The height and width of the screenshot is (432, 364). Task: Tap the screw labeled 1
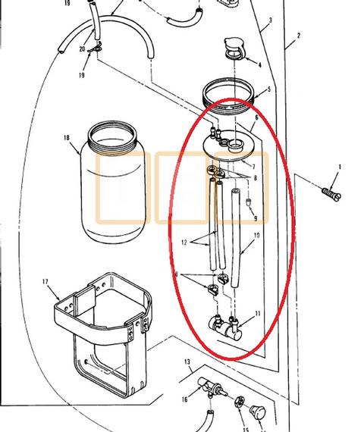pyautogui.click(x=331, y=193)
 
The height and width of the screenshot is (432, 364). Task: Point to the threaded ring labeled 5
pyautogui.click(x=228, y=95)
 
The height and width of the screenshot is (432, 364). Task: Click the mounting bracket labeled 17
pyautogui.click(x=102, y=330)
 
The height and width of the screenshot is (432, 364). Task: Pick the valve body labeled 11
pyautogui.click(x=225, y=327)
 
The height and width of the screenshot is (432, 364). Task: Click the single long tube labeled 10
pyautogui.click(x=235, y=238)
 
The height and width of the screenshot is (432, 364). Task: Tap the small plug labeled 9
pyautogui.click(x=248, y=202)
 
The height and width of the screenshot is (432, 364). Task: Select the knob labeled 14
pyautogui.click(x=258, y=412)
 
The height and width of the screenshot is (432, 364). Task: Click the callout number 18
pyautogui.click(x=67, y=137)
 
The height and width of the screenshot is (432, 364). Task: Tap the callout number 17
pyautogui.click(x=45, y=282)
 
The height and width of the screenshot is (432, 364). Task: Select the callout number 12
pyautogui.click(x=184, y=243)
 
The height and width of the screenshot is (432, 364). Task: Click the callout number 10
pyautogui.click(x=257, y=235)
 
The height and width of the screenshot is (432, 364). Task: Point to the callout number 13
pyautogui.click(x=187, y=362)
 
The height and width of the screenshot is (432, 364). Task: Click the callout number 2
pyautogui.click(x=299, y=36)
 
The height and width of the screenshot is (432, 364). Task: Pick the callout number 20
pyautogui.click(x=82, y=49)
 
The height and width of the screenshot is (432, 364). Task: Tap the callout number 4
pyautogui.click(x=260, y=65)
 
